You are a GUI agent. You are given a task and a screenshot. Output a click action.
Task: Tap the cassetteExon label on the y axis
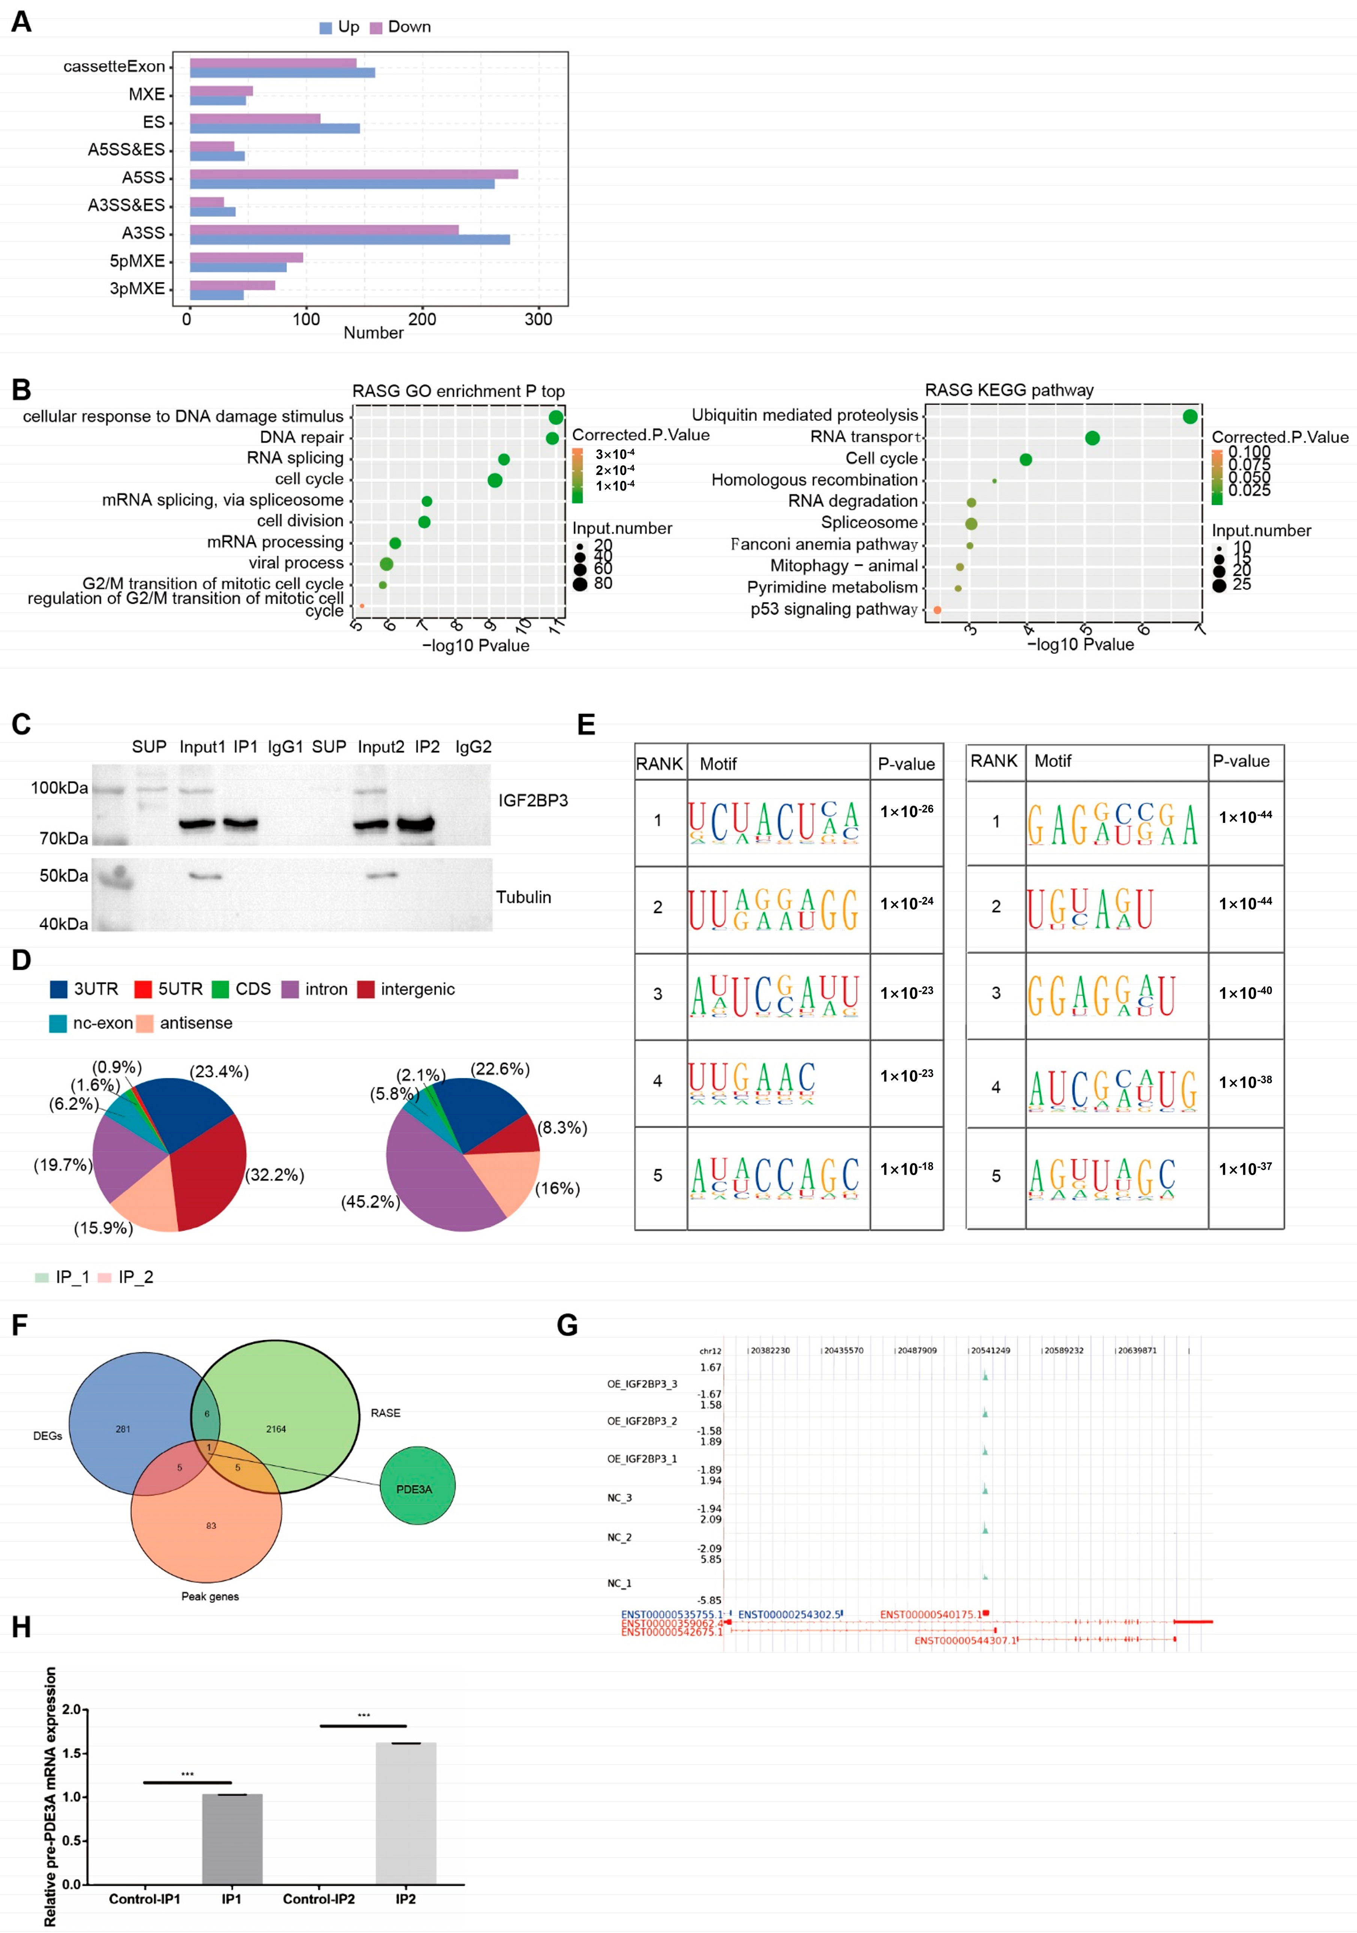(114, 66)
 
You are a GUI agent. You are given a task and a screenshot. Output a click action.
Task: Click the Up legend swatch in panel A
(326, 28)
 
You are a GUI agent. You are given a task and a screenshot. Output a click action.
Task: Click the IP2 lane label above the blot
(427, 747)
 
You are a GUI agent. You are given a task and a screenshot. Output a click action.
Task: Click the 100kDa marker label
(59, 788)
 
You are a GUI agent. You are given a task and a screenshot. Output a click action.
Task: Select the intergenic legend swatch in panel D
(365, 989)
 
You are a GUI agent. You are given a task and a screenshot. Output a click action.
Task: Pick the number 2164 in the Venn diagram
(276, 1429)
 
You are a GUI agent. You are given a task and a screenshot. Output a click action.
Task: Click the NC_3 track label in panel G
(620, 1498)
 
